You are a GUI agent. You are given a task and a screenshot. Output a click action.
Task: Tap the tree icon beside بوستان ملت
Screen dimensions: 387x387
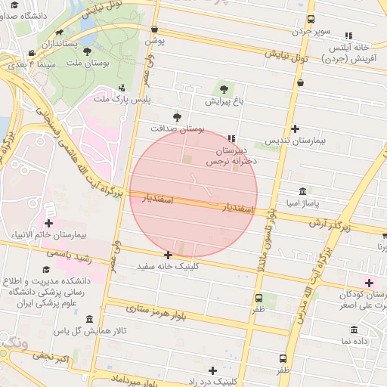click(88, 51)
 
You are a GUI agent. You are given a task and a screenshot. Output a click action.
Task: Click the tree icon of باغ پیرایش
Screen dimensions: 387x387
click(223, 89)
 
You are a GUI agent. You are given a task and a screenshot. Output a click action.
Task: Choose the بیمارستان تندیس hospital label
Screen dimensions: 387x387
click(299, 141)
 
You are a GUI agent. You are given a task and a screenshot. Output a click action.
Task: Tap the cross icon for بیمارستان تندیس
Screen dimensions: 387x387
click(295, 129)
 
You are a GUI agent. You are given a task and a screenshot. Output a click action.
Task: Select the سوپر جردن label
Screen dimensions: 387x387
click(312, 32)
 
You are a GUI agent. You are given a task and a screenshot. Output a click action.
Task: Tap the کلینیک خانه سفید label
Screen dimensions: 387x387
click(170, 267)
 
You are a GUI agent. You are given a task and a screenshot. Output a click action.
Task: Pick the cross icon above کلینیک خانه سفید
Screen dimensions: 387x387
click(168, 255)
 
